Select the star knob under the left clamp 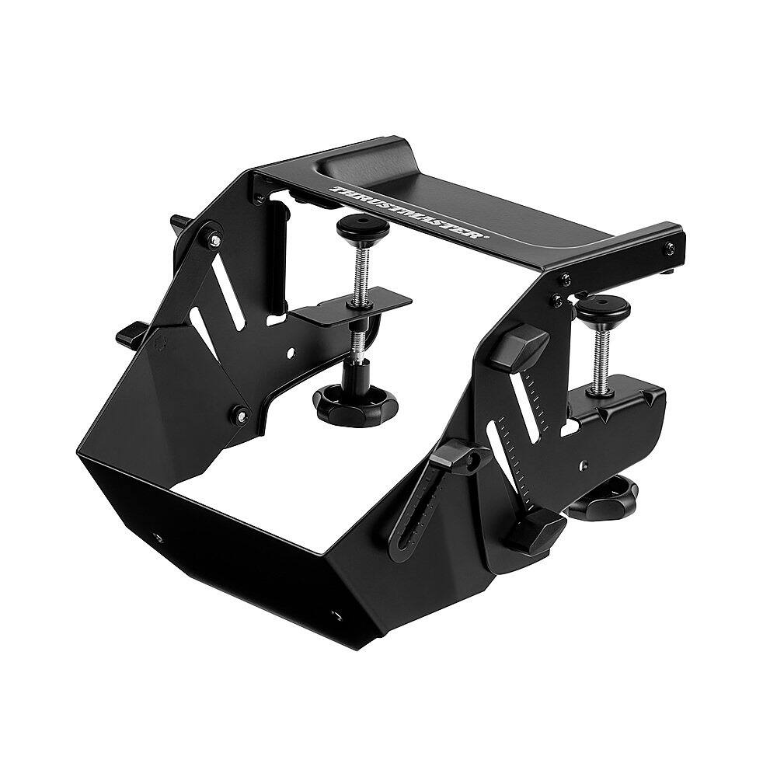355,402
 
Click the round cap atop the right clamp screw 604,308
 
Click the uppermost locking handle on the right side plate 522,343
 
